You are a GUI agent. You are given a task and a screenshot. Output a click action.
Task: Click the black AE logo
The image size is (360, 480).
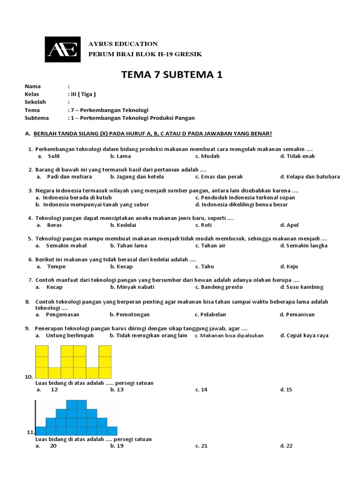pyautogui.click(x=62, y=49)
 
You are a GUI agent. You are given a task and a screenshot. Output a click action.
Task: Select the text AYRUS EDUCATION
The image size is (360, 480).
pyautogui.click(x=123, y=44)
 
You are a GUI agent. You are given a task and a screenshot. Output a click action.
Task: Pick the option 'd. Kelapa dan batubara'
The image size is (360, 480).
pyautogui.click(x=310, y=177)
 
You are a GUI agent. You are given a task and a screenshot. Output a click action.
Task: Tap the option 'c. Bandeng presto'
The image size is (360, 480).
pyautogui.click(x=219, y=287)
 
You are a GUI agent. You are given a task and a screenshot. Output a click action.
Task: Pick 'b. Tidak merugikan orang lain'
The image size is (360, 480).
pyautogui.click(x=149, y=335)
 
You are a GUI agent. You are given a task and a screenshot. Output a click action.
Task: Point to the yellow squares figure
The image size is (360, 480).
pyautogui.click(x=73, y=362)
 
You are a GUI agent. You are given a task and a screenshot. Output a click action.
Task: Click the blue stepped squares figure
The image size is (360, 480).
pyautogui.click(x=76, y=418)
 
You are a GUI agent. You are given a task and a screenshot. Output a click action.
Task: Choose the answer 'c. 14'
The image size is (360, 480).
pyautogui.click(x=202, y=390)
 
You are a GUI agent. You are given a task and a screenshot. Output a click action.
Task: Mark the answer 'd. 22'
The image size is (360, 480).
pyautogui.click(x=286, y=446)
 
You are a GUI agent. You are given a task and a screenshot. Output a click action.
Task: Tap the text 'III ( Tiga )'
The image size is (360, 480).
pyautogui.click(x=83, y=94)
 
